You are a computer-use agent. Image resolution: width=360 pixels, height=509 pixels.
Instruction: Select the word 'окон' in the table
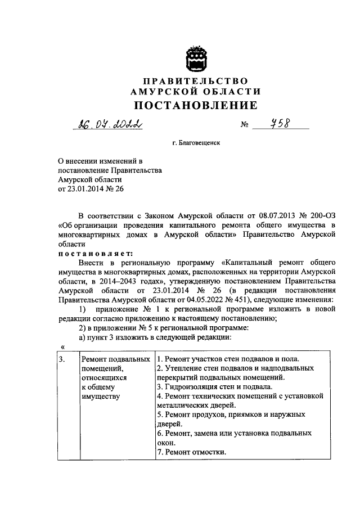coord(164,443)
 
